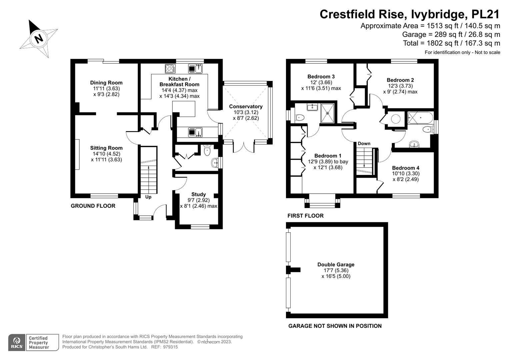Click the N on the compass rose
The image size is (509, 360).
39,38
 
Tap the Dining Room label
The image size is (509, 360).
106,83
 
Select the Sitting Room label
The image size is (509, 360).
106,148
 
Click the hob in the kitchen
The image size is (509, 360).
170,69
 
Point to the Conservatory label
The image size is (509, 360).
246,106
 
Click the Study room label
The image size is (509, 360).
198,194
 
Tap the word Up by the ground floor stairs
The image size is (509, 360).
148,197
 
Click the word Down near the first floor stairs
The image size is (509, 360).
364,143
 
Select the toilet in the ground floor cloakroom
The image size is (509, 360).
207,150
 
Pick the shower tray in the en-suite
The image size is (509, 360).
327,113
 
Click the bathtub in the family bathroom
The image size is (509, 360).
421,118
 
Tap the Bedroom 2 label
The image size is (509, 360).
400,80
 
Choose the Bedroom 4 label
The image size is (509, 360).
406,168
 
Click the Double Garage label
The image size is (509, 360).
336,265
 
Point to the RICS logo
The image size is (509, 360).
17,342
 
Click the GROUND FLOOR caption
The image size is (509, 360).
93,206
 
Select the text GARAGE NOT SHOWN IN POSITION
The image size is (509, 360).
335,326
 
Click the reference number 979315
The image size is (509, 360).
170,347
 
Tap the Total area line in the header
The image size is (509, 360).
452,43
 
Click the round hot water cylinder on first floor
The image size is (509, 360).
396,119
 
